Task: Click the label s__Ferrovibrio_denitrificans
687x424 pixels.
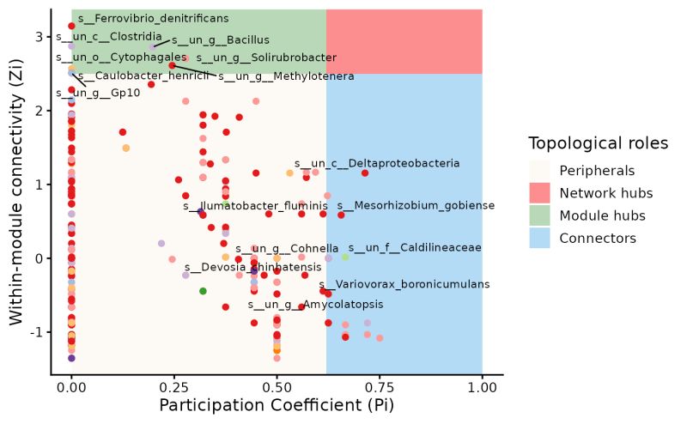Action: (x=153, y=18)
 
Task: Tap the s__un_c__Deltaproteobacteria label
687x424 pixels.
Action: (x=377, y=163)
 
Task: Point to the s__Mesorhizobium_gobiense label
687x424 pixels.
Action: (x=416, y=206)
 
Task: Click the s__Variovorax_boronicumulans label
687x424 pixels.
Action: (x=404, y=284)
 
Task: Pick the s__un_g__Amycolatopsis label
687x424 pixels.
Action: (x=315, y=304)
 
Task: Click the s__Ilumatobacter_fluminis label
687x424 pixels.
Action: (x=256, y=206)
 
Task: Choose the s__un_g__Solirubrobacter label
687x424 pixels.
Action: (x=266, y=58)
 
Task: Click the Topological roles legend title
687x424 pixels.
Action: (x=599, y=143)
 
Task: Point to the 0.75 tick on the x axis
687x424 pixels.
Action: (x=380, y=387)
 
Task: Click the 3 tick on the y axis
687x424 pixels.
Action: (x=38, y=37)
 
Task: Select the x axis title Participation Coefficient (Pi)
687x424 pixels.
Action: (x=276, y=406)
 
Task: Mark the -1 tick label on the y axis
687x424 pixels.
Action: (x=35, y=332)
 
